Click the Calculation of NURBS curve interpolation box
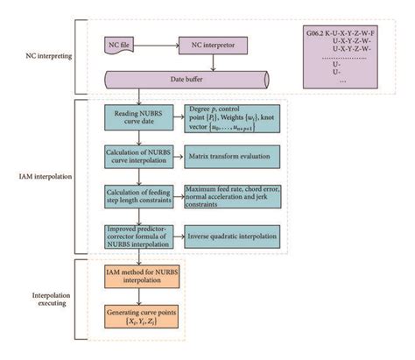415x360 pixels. pos(139,159)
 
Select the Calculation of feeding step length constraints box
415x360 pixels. pos(139,197)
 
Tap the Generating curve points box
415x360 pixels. pos(139,320)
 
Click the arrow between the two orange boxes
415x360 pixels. pos(139,300)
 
